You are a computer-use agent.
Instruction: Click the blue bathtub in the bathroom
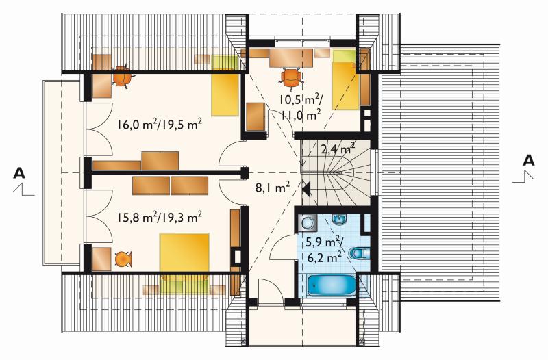331,285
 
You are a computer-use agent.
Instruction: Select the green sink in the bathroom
338,220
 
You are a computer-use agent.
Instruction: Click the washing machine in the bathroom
308,222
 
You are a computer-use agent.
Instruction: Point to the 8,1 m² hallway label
272,188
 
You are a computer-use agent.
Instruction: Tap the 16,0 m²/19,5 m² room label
160,125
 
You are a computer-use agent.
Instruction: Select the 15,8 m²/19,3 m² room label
159,218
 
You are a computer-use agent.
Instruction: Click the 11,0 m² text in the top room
301,114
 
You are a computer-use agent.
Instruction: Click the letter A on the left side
19,173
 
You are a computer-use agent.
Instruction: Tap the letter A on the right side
528,160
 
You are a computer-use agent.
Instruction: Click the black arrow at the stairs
306,190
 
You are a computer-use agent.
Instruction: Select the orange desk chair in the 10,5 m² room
290,77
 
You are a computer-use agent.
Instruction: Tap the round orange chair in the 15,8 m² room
123,259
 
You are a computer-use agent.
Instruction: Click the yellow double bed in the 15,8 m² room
184,252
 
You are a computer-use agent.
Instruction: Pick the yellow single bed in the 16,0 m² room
225,85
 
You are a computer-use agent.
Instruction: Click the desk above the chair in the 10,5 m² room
291,58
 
